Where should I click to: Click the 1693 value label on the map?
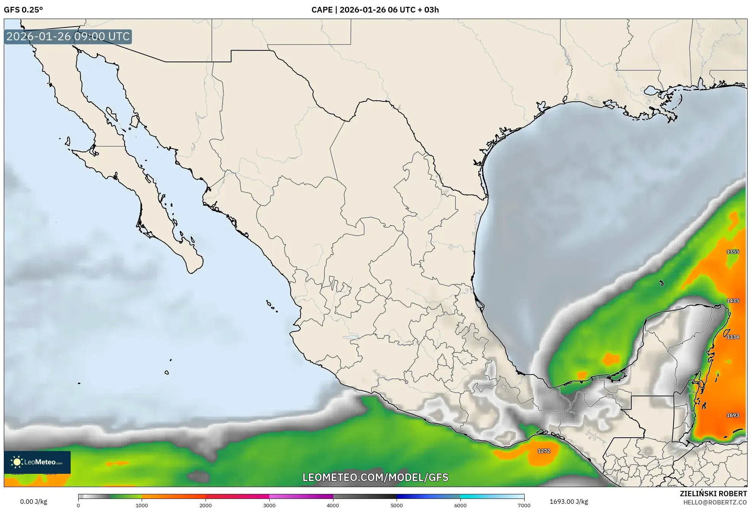(732, 415)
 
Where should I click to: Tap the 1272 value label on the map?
(544, 451)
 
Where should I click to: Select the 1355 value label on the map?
(733, 252)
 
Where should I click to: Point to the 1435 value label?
(733, 301)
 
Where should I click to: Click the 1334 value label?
(733, 337)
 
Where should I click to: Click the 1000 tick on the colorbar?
(142, 505)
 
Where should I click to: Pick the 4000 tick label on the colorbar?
(333, 505)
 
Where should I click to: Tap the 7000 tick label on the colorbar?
(524, 505)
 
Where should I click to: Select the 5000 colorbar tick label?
(397, 505)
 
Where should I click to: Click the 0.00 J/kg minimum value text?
(33, 502)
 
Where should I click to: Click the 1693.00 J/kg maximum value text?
(569, 502)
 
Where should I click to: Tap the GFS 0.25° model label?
(23, 10)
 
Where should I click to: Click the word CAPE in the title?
(321, 10)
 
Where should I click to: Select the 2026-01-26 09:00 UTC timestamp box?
(68, 36)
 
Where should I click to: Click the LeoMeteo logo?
(37, 462)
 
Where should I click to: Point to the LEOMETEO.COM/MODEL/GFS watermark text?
(375, 477)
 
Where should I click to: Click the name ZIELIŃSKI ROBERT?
(713, 494)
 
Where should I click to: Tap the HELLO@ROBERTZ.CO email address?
(715, 502)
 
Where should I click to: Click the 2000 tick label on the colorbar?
(206, 505)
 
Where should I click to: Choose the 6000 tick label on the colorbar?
(460, 505)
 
